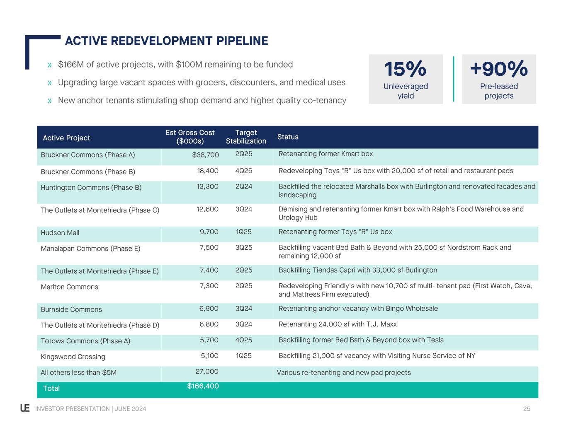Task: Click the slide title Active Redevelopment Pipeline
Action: coord(166,41)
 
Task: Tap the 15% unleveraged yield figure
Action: coord(405,69)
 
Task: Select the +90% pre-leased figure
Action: coord(498,69)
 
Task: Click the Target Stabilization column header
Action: coord(246,137)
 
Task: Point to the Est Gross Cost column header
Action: coord(190,137)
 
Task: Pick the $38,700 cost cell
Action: coord(205,155)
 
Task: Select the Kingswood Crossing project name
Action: coord(73,357)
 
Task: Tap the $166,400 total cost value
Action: coord(203,386)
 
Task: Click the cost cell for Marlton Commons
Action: coord(209,286)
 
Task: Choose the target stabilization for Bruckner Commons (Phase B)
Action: coord(243,171)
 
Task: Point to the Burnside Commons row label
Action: coord(71,309)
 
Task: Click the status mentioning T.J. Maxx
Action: coord(338,324)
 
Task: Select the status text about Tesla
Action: coord(361,340)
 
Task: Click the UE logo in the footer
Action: coord(25,408)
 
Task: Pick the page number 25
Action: coord(527,409)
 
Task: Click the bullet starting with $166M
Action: coord(175,65)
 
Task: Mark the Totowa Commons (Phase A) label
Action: coord(85,341)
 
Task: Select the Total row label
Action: coord(51,389)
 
